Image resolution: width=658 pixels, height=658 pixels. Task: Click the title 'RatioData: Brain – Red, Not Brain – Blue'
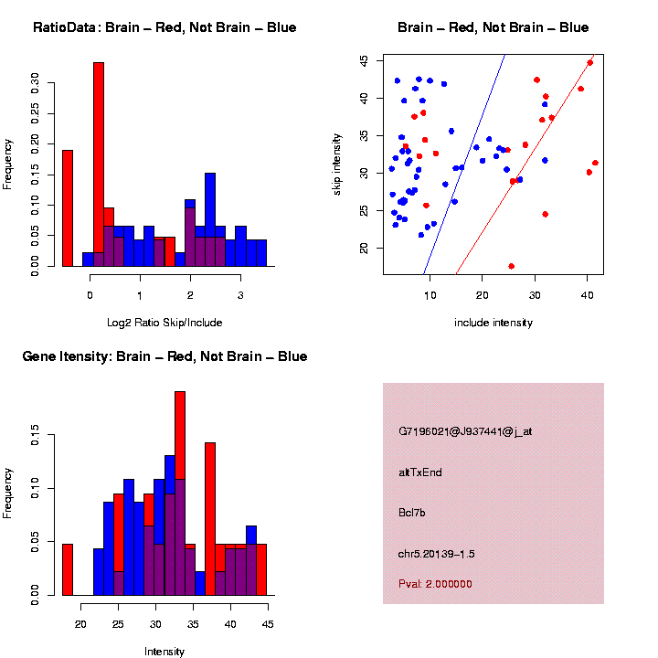(x=164, y=27)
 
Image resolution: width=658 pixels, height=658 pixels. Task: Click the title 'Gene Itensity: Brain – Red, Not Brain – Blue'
(x=164, y=356)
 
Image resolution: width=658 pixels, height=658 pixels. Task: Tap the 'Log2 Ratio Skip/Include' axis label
(x=164, y=323)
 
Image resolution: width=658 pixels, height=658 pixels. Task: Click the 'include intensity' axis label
(x=493, y=323)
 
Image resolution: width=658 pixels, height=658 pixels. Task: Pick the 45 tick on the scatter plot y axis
(x=364, y=60)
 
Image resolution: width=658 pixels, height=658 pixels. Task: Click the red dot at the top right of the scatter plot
(x=590, y=63)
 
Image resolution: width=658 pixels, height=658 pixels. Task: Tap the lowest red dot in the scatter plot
(x=512, y=266)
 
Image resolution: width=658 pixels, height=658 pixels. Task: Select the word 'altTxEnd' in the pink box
(x=420, y=472)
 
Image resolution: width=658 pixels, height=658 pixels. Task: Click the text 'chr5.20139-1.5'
(x=437, y=554)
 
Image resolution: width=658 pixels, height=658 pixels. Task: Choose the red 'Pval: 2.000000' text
(x=436, y=583)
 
